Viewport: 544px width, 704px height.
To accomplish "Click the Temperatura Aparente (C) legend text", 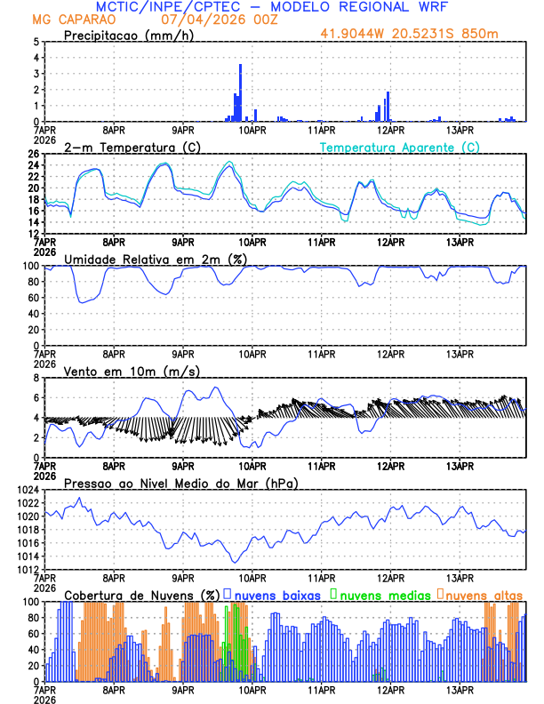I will tap(400, 147).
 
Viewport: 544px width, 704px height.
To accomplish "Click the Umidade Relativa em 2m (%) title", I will tap(155, 259).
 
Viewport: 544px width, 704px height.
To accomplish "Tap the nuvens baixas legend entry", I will tap(276, 595).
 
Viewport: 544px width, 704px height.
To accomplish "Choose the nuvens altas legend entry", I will tap(484, 595).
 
